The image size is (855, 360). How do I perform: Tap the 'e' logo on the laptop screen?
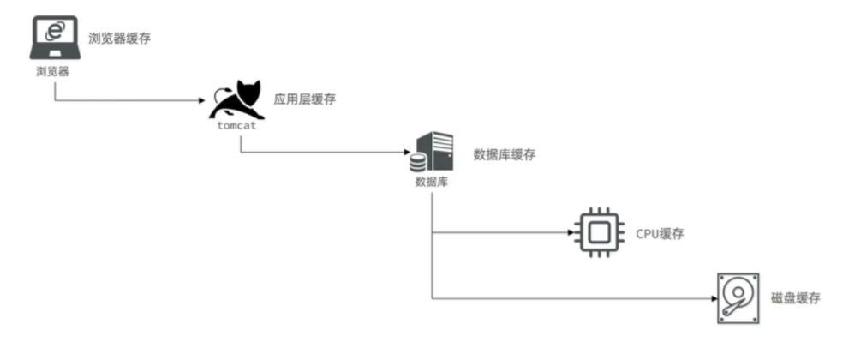54,31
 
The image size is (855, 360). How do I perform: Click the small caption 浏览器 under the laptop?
52,71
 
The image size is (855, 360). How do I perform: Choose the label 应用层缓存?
304,99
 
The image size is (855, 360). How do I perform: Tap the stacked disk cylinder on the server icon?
418,161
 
